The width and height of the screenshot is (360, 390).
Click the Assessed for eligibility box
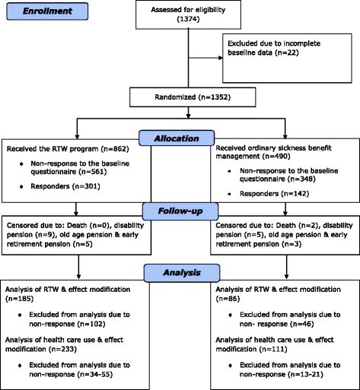click(180, 14)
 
